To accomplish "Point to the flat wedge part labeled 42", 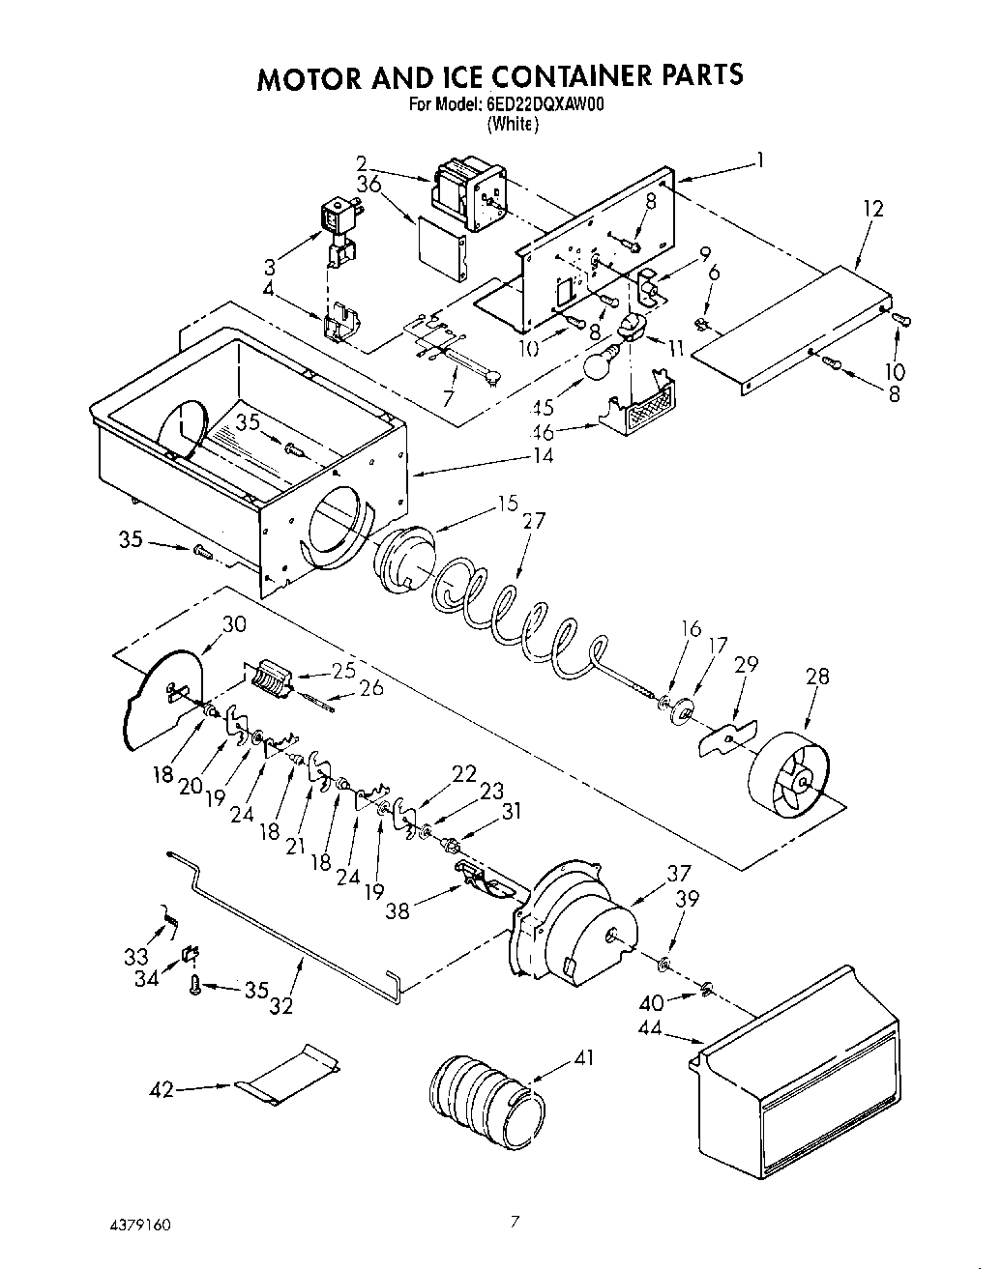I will [x=288, y=1074].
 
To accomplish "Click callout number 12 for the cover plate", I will [x=873, y=208].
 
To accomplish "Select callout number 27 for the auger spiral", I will [x=533, y=522].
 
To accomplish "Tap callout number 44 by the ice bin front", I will [x=650, y=1029].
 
